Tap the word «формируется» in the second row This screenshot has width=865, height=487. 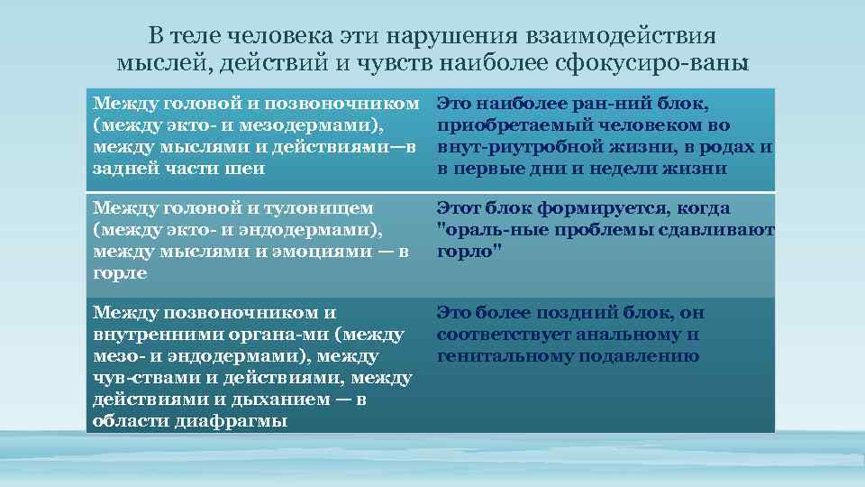point(592,208)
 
